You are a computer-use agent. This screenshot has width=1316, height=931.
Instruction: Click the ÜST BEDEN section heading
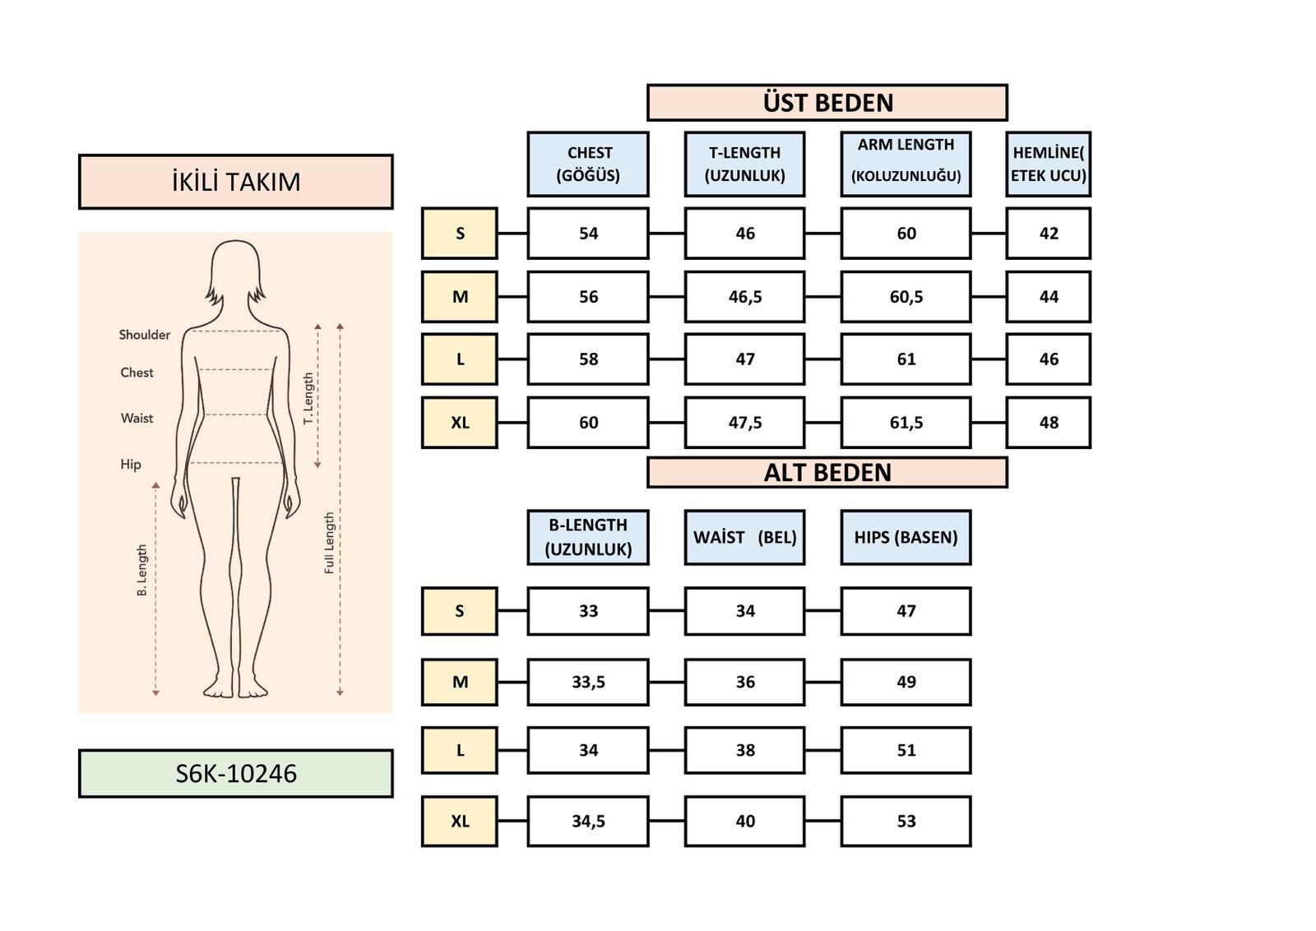(x=827, y=103)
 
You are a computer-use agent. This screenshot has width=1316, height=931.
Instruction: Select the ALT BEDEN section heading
(x=827, y=473)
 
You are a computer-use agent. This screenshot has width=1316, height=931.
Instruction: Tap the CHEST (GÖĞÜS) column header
(x=588, y=164)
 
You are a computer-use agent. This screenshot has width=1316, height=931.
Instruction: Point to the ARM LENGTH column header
(x=906, y=164)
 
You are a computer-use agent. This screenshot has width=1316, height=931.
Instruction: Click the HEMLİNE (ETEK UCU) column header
(x=1048, y=164)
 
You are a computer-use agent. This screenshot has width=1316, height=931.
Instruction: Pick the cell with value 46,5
(x=744, y=297)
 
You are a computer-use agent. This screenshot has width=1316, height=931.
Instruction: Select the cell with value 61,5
(x=906, y=423)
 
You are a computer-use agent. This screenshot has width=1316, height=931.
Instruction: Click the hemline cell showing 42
(x=1048, y=234)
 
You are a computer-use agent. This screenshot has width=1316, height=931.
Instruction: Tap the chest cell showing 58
(x=588, y=359)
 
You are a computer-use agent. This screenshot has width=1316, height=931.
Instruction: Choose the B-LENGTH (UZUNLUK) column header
(x=588, y=537)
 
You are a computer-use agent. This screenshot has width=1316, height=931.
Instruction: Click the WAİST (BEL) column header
(x=744, y=537)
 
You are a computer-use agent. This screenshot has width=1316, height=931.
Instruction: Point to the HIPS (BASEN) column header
(x=906, y=537)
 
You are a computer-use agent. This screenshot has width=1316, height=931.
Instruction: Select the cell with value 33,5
(x=588, y=682)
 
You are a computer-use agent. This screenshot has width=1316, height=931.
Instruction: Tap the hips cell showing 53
(x=906, y=821)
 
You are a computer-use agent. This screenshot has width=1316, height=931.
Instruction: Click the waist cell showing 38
(x=744, y=750)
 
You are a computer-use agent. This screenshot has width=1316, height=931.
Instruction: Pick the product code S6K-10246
(x=236, y=774)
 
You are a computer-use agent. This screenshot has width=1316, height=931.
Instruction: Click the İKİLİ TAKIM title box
(x=236, y=182)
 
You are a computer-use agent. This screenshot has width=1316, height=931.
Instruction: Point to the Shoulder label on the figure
(x=145, y=335)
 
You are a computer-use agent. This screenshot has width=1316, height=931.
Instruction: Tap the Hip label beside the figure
(x=131, y=465)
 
